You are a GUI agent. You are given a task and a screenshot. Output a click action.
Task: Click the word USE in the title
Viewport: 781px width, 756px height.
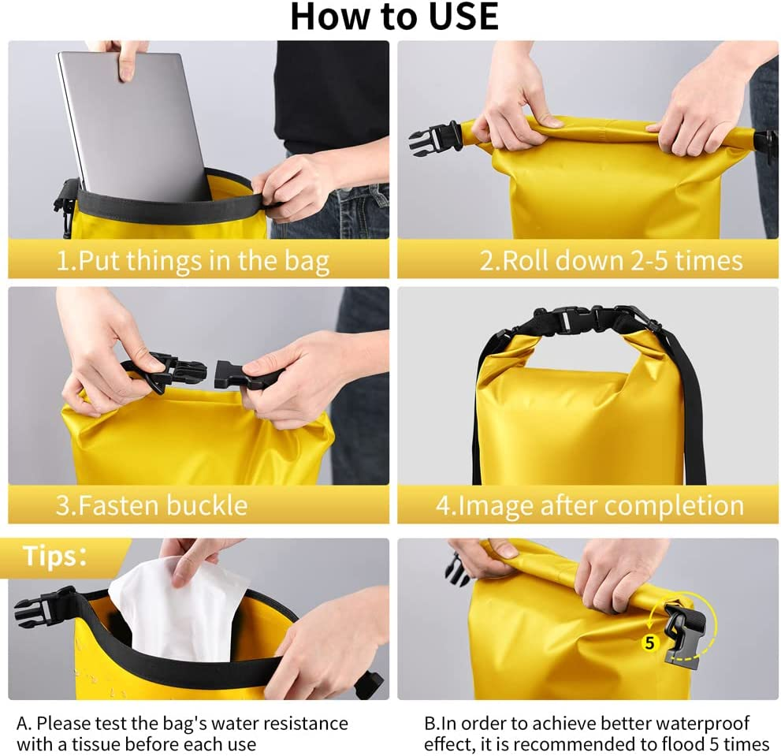coord(463,17)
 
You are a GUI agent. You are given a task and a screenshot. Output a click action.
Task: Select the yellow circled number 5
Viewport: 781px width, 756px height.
coord(649,642)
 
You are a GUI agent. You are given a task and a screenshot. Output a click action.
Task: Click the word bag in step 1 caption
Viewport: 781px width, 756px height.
coord(307,262)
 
